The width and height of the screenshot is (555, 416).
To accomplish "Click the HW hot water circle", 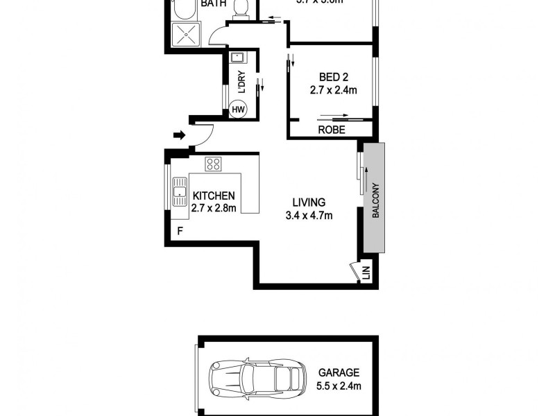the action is [x=238, y=109].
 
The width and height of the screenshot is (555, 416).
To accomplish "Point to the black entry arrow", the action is [x=179, y=135].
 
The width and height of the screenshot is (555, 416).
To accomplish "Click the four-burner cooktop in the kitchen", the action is [x=213, y=164].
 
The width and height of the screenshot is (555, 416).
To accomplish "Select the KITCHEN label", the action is [x=214, y=196].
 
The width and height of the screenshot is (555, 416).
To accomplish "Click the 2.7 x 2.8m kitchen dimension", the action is [x=214, y=207].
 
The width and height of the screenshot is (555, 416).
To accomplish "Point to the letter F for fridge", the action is [x=180, y=231].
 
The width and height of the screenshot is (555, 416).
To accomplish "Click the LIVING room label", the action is [x=309, y=202].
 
